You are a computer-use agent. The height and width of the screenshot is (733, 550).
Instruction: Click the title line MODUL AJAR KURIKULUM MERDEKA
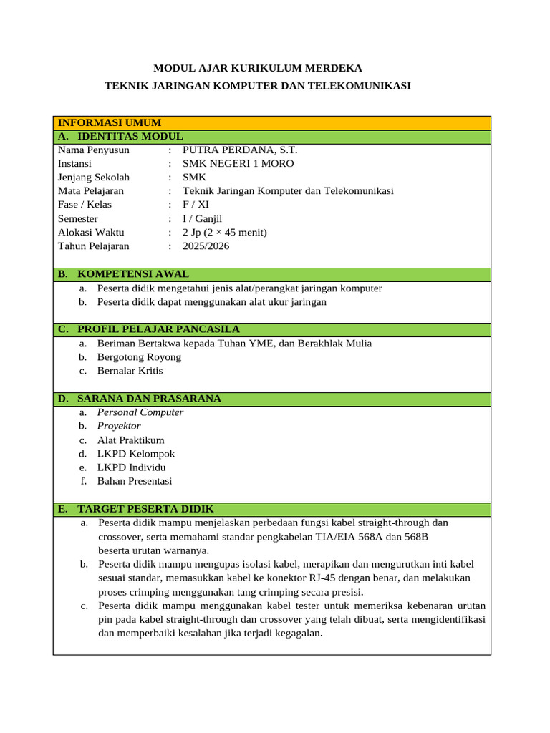[x=259, y=68]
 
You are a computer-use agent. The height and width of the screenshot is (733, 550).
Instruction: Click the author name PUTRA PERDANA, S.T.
[x=240, y=150]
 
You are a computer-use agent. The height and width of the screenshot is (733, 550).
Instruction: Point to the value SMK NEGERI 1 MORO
[x=238, y=164]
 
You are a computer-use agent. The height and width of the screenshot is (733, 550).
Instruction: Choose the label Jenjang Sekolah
[x=94, y=178]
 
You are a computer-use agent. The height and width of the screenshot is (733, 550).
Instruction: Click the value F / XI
[x=196, y=205]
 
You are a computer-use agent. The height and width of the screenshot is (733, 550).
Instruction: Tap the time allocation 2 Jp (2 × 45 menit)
[x=224, y=233]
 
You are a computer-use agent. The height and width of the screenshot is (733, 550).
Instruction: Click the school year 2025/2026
[x=206, y=246]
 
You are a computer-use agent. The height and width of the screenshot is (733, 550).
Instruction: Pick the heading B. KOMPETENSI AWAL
[x=123, y=274]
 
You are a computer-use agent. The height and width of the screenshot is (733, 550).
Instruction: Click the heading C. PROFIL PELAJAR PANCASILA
[x=148, y=329]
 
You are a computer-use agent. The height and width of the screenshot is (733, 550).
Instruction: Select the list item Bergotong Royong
[x=139, y=357]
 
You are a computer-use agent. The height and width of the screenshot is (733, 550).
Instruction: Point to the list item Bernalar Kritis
[x=130, y=371]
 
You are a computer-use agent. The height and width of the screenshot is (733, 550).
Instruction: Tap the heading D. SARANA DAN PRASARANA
[x=140, y=399]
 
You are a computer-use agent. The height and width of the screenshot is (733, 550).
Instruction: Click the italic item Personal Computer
[x=140, y=412]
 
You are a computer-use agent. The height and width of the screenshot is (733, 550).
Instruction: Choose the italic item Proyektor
[x=119, y=426]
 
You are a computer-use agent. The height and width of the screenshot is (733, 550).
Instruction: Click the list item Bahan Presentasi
[x=135, y=481]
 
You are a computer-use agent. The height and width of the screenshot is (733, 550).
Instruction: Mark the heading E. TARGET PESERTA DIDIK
[x=135, y=509]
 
